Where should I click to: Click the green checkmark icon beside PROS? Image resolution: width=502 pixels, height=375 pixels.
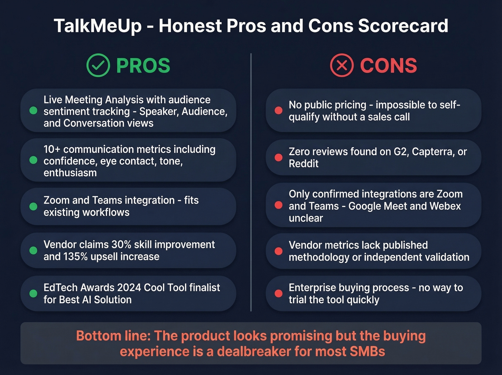coord(98,65)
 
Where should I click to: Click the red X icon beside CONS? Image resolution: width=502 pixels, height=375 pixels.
coord(342,65)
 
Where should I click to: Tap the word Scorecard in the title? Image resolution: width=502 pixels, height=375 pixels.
coord(403,26)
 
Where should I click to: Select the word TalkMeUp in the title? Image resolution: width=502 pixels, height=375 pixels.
coord(98,26)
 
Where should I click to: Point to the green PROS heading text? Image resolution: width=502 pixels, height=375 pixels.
coord(143,66)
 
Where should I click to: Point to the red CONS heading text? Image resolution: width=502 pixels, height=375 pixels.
coord(388,66)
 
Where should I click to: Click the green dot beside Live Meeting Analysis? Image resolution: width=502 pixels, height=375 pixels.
coord(33,111)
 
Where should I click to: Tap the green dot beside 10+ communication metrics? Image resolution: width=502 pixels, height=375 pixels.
coord(33,160)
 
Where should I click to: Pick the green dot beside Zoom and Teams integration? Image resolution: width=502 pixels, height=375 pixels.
coord(33,206)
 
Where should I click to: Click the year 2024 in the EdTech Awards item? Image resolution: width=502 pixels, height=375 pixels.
coord(129,288)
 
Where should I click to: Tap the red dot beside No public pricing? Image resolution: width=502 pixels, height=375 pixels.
coord(279,111)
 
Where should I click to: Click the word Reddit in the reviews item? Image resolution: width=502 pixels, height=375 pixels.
coord(303,164)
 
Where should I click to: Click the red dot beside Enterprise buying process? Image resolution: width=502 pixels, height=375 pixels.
coord(279,294)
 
